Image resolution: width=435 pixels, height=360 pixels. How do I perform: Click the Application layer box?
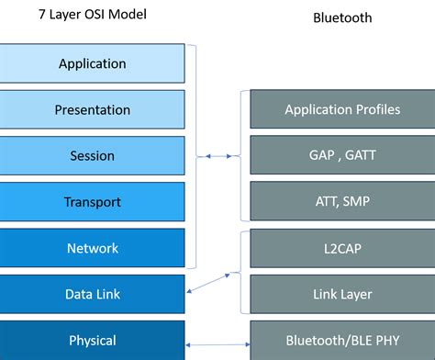point(92,64)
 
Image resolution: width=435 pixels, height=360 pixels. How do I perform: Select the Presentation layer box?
point(92,110)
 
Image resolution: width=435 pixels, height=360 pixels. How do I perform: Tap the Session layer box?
point(92,156)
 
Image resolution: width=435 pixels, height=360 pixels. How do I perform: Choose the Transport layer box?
point(92,202)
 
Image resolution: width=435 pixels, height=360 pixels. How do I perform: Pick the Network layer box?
point(92,248)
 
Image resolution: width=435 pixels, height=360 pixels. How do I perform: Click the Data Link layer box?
point(92,295)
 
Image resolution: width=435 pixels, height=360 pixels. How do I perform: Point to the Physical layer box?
point(92,341)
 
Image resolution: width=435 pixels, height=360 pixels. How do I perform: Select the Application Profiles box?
point(342,109)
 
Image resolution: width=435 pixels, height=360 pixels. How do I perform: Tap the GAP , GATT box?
point(342,155)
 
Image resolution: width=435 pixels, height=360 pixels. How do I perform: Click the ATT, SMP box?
point(342,201)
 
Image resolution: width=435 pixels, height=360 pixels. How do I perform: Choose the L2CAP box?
point(342,249)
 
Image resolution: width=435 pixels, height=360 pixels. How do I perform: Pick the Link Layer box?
point(342,295)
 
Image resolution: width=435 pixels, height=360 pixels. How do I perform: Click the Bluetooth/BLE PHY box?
point(342,341)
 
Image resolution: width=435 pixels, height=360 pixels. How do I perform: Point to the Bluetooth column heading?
point(342,17)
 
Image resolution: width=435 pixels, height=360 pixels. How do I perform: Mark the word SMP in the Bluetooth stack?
point(358,201)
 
